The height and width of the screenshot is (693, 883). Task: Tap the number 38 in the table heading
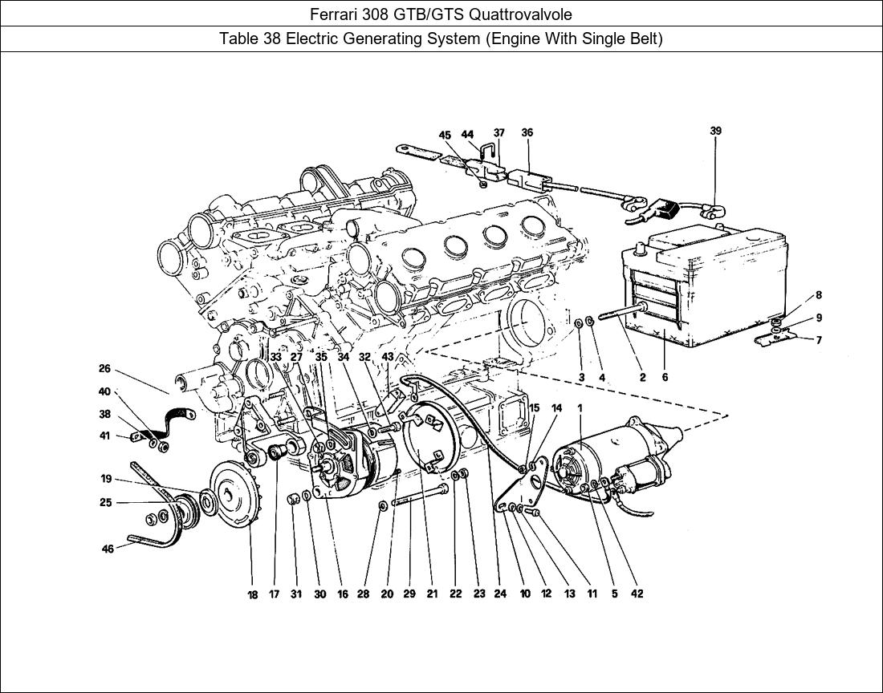(269, 38)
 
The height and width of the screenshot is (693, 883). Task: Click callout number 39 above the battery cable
(715, 131)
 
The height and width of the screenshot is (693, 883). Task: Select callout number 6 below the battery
(665, 377)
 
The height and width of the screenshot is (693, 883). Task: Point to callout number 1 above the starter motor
(580, 408)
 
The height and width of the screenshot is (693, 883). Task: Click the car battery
(706, 289)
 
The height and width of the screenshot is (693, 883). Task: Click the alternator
(353, 465)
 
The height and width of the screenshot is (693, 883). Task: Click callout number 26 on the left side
(104, 370)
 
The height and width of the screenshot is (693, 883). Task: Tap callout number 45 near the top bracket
(445, 136)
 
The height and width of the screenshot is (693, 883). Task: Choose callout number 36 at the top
(527, 133)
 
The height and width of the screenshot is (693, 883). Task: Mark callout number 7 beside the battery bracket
(819, 340)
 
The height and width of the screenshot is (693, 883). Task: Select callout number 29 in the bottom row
(409, 594)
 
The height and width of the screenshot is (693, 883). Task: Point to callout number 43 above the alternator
(388, 357)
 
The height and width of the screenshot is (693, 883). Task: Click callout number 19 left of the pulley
(106, 480)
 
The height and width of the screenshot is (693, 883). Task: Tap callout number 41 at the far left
(104, 437)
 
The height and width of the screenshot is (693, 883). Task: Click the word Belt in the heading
(642, 38)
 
